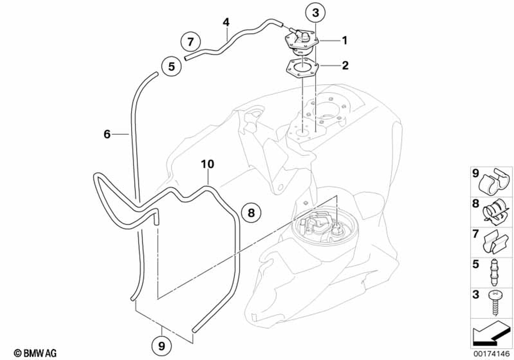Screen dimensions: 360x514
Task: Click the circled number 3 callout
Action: pos(315,11)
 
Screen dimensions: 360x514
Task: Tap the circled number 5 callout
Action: pos(171,66)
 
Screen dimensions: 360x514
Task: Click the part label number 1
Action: pos(345,40)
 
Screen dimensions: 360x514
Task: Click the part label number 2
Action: pos(345,65)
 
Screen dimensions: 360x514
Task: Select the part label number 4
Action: pos(226,22)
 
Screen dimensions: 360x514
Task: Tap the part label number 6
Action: pos(107,134)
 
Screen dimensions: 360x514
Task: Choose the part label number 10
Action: pos(207,164)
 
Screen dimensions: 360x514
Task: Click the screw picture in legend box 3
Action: pos(494,303)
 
